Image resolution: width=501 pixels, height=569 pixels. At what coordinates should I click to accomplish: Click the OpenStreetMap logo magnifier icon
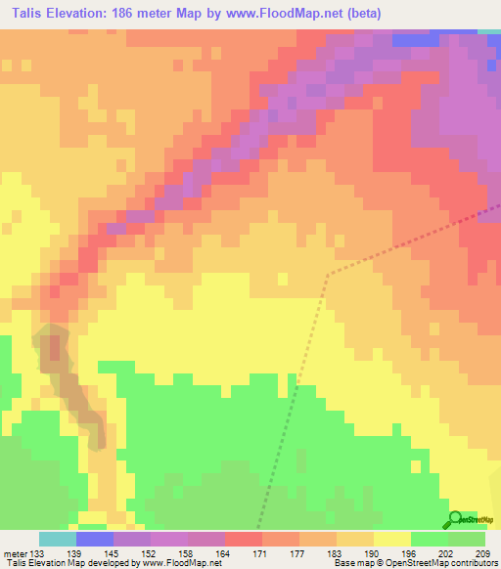click(x=455, y=519)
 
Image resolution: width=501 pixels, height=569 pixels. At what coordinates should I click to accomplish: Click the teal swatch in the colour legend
click(x=58, y=539)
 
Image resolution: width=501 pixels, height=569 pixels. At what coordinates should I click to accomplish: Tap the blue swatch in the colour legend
click(x=95, y=539)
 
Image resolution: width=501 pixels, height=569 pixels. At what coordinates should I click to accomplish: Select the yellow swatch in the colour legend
click(x=392, y=539)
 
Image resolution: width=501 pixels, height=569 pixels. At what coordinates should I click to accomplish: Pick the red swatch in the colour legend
click(x=244, y=539)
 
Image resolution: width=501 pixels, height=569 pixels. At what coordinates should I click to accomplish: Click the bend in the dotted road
click(x=327, y=275)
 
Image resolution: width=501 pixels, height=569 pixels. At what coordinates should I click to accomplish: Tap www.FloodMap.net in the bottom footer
click(x=181, y=564)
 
